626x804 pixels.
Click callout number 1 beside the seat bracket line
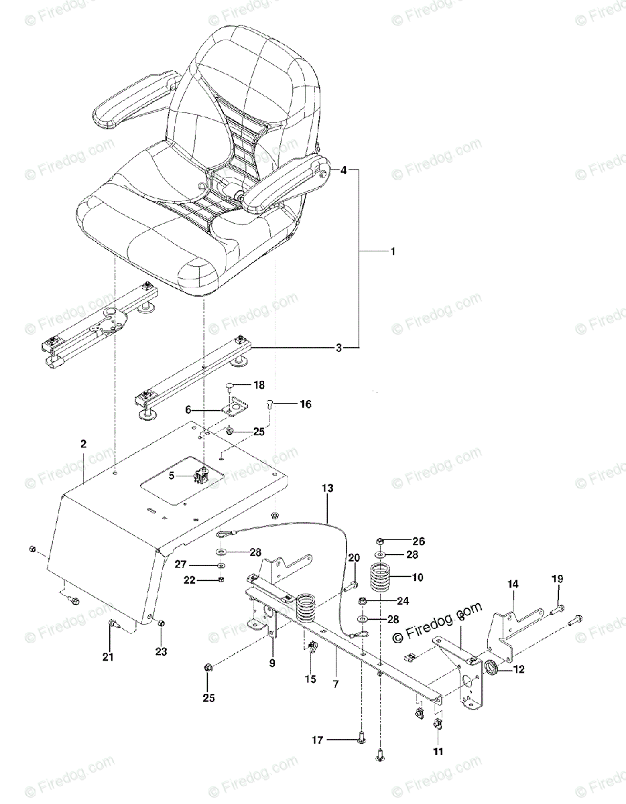point(393,252)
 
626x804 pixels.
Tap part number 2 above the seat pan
point(83,444)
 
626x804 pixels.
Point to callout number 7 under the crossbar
point(335,683)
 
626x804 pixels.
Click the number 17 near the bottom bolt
point(318,740)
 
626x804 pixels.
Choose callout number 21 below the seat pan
point(108,657)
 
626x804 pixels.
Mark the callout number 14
point(512,584)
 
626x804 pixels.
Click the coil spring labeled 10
point(381,577)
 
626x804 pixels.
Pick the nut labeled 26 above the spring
point(380,541)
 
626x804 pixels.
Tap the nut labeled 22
point(222,580)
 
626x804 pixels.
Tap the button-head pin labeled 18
point(230,385)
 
